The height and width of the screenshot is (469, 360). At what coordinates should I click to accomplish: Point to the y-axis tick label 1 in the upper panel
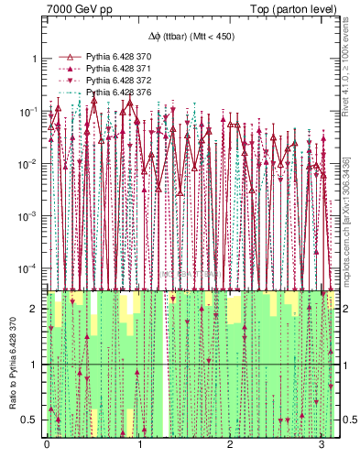click(35, 59)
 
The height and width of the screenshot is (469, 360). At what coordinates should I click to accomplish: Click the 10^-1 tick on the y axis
click(30, 111)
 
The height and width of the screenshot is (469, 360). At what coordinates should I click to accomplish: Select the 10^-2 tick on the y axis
click(30, 163)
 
